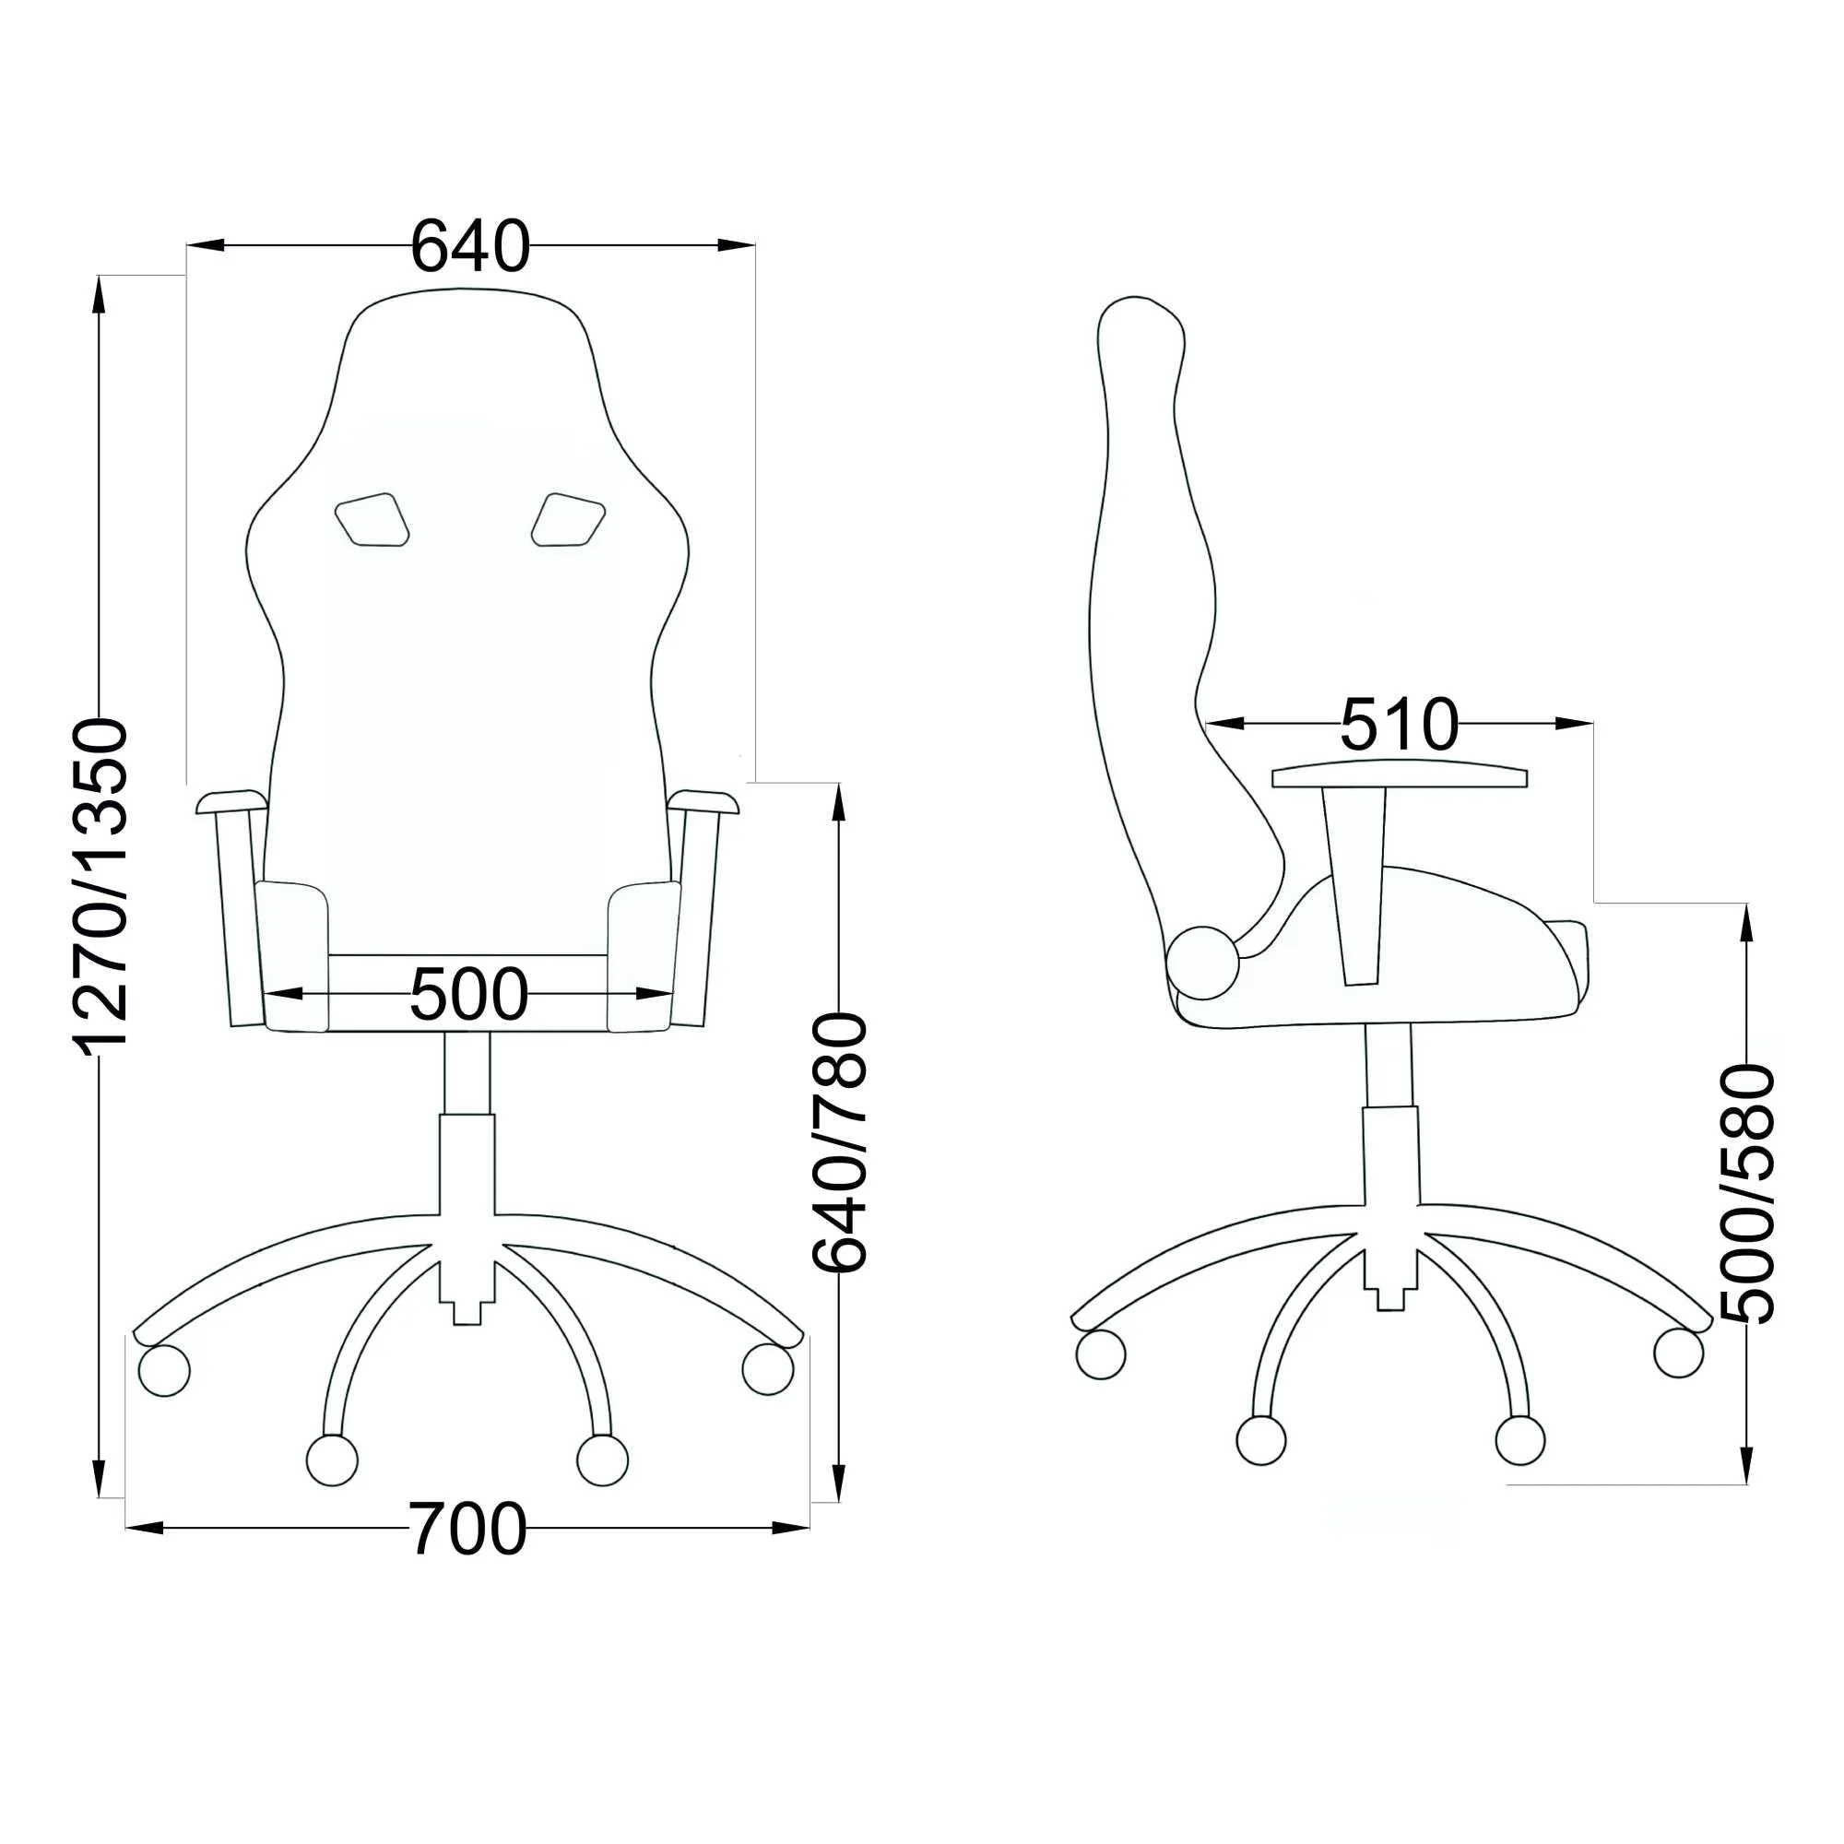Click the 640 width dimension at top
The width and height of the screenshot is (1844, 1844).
pos(469,246)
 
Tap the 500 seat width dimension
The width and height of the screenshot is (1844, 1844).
pos(468,995)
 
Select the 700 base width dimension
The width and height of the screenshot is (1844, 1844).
pos(467,1529)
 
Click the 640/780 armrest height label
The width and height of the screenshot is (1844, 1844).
pos(839,1142)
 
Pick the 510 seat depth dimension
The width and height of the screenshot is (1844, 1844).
pos(1401,725)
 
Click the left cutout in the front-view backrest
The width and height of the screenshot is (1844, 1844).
pos(372,520)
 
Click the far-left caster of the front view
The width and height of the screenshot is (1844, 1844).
pos(164,1371)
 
